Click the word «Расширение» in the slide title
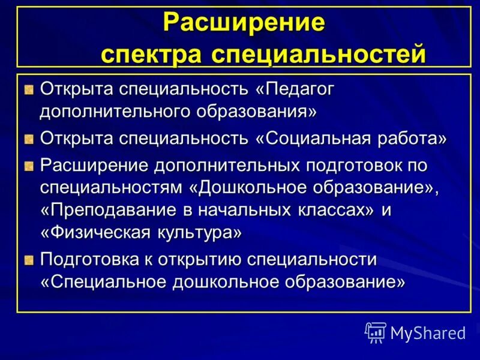(x=244, y=23)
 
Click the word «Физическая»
(x=98, y=232)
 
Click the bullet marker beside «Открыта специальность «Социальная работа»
(x=29, y=140)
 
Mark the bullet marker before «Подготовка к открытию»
(x=29, y=260)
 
